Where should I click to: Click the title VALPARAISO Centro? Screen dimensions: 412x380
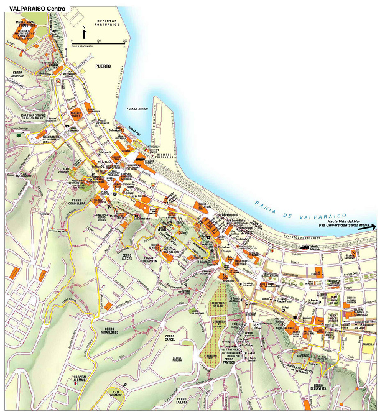35,8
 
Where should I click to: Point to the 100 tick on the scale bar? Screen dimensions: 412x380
99,41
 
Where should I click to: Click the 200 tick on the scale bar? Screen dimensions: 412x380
126,41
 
